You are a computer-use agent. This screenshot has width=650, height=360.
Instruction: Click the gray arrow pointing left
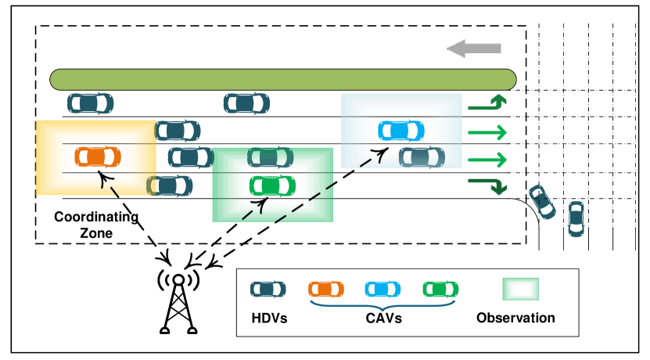473,49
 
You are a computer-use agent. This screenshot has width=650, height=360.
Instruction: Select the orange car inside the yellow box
97,157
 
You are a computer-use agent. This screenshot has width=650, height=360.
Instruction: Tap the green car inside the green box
272,186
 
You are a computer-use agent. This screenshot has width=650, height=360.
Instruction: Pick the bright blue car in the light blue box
401,131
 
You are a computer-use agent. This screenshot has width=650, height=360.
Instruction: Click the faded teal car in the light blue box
422,157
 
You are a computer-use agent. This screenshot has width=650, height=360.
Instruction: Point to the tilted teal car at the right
541,202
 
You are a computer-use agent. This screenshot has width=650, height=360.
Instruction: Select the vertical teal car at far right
576,218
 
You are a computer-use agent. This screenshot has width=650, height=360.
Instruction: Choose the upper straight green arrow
487,133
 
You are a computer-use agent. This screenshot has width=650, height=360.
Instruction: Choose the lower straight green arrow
487,160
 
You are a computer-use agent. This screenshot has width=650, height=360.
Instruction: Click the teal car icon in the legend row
268,290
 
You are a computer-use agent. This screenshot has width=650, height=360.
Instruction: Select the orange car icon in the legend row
325,290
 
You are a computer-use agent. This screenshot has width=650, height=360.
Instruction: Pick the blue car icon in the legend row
382,290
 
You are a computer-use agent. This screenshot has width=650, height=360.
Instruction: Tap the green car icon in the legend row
440,290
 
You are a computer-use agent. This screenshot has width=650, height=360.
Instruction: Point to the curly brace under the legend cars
382,304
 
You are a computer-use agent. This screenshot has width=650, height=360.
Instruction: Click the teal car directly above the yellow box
90,103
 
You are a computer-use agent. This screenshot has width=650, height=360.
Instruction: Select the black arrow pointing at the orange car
108,184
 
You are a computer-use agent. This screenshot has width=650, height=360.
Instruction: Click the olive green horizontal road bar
282,80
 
